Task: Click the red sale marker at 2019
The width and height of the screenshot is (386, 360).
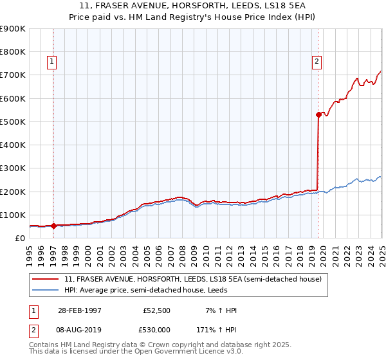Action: click(x=318, y=115)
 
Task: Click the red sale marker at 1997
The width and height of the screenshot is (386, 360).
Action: click(x=53, y=226)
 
